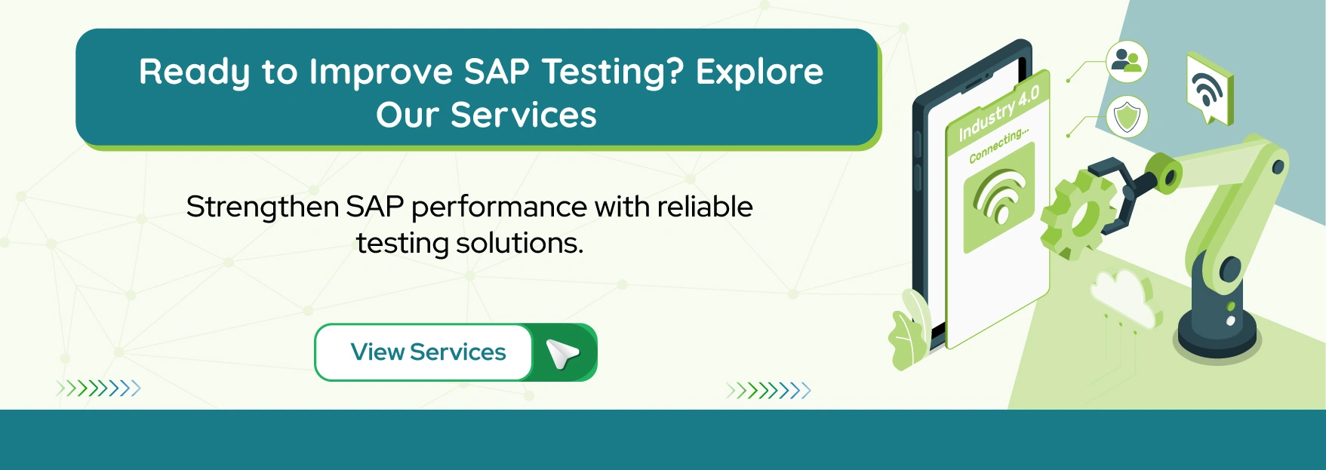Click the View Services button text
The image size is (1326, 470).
(x=428, y=352)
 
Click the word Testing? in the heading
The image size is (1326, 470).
(x=613, y=72)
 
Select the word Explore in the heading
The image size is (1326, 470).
(x=759, y=72)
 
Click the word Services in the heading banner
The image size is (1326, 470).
(x=523, y=115)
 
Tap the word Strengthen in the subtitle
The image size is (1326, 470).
(x=262, y=207)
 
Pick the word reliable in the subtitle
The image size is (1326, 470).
(x=705, y=207)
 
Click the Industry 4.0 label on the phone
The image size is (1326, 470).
(x=998, y=113)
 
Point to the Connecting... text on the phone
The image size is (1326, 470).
(x=998, y=145)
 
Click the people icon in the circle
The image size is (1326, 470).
(x=1127, y=61)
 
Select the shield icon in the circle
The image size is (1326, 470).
(x=1127, y=117)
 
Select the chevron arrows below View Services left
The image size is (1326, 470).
(x=99, y=389)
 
